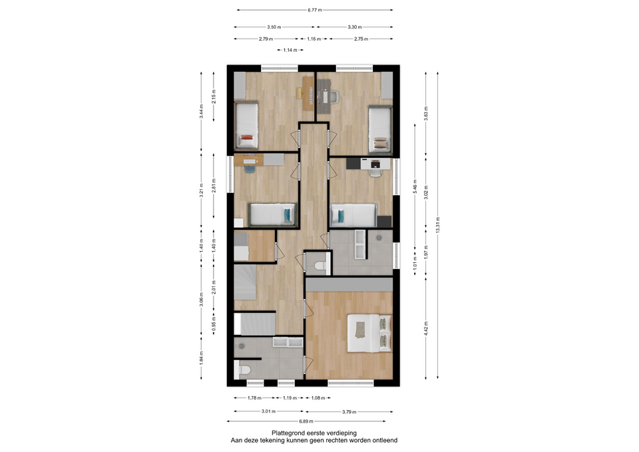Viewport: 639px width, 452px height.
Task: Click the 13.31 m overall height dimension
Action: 438,226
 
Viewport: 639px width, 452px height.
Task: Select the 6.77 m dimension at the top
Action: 315,10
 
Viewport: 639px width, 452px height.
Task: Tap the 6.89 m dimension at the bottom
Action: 306,421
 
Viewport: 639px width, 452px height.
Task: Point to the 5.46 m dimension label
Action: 415,186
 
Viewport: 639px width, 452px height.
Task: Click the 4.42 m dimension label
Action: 426,328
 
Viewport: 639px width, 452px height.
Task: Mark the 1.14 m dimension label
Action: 290,50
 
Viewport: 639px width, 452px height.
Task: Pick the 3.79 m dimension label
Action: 349,411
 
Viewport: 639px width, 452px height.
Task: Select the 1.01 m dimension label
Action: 415,261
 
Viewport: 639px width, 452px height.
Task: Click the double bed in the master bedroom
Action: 369,333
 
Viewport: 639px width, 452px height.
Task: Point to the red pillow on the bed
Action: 246,137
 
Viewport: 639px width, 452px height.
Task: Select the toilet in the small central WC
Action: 321,266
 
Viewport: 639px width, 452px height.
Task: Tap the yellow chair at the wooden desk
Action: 299,93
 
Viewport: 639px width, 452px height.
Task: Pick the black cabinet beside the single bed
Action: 384,221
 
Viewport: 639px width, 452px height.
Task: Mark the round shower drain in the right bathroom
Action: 379,237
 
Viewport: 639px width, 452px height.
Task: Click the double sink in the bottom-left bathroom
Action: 288,342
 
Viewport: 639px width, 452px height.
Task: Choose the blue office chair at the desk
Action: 250,168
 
